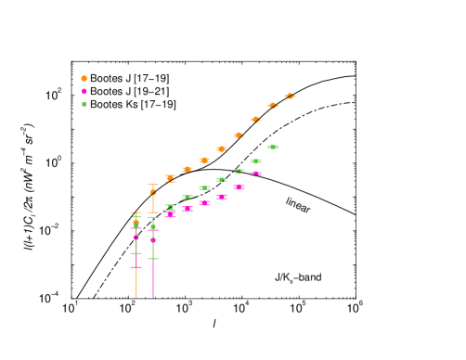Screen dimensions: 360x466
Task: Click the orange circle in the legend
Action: pyautogui.click(x=84, y=79)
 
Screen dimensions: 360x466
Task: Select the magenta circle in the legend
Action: pyautogui.click(x=84, y=92)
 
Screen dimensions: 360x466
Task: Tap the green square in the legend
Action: pyautogui.click(x=84, y=104)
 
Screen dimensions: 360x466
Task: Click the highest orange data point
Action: pyautogui.click(x=290, y=96)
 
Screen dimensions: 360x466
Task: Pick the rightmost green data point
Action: pyautogui.click(x=273, y=147)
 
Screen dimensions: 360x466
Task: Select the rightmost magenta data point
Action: pyautogui.click(x=255, y=174)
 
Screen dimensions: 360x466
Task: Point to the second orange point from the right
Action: pyautogui.click(x=273, y=106)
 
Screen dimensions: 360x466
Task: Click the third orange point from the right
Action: pyautogui.click(x=255, y=120)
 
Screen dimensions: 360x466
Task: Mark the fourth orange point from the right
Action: pyautogui.click(x=239, y=135)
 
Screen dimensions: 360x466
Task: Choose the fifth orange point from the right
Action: pyautogui.click(x=222, y=148)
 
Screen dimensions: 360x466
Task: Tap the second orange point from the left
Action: pyautogui.click(x=153, y=192)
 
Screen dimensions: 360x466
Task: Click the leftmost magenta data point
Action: pyautogui.click(x=136, y=238)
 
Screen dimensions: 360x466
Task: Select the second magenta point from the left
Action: pyautogui.click(x=153, y=240)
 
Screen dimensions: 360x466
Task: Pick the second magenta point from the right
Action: pyautogui.click(x=239, y=186)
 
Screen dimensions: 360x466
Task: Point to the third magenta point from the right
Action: pyautogui.click(x=222, y=197)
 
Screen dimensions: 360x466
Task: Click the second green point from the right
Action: pyautogui.click(x=255, y=161)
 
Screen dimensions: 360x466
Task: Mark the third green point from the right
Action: pyautogui.click(x=239, y=171)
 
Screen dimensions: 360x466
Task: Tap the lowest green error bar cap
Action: pyautogui.click(x=153, y=259)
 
